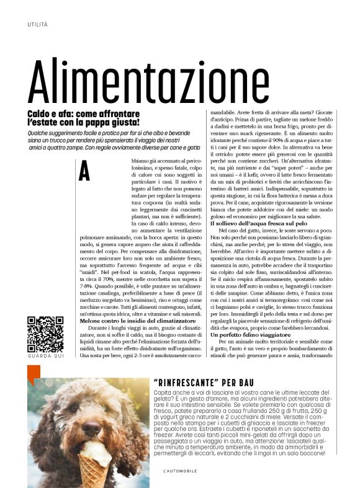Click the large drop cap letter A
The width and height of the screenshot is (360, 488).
[x=84, y=171]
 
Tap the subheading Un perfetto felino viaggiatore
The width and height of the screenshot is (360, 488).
[x=248, y=334]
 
